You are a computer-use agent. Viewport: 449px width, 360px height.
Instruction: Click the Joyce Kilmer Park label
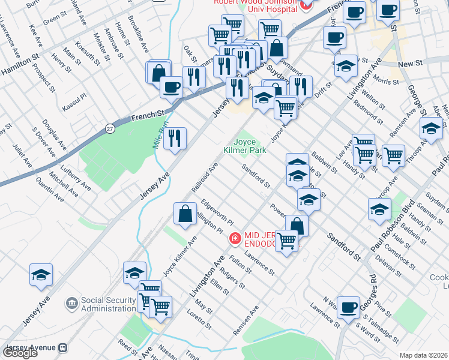(x=246, y=145)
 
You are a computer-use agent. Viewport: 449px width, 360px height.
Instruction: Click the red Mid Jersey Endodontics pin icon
(x=235, y=239)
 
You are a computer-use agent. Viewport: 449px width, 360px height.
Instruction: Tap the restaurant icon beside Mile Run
(x=175, y=139)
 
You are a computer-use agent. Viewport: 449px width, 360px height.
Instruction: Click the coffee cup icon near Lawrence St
(x=348, y=308)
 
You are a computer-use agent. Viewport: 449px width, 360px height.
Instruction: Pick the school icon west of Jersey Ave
(x=41, y=275)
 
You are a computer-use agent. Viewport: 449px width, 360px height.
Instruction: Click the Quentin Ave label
(x=49, y=188)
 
